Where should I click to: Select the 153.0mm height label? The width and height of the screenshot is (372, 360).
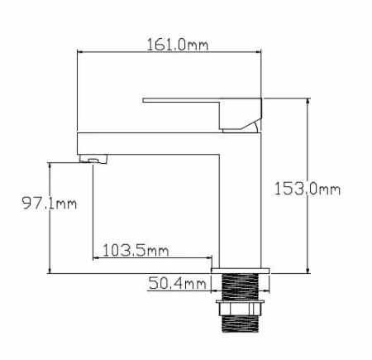(x=307, y=189)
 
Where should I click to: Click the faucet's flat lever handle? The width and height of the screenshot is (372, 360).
(x=198, y=103)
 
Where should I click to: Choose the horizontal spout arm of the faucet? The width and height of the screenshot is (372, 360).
(x=149, y=142)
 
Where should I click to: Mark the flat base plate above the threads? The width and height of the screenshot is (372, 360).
(x=241, y=270)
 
